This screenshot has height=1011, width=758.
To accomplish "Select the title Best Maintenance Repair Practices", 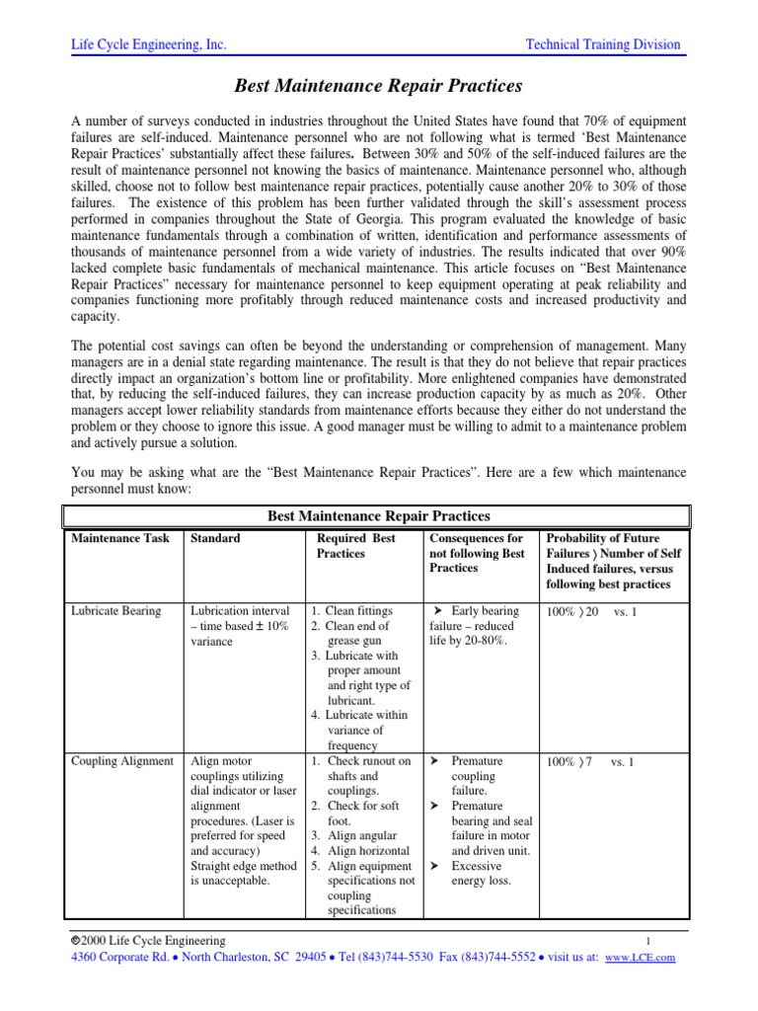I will coord(378,87).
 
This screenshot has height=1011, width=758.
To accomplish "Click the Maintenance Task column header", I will coord(120,539).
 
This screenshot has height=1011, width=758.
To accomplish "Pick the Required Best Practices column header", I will coord(356,546).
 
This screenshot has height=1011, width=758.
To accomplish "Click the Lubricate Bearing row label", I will coord(115,611).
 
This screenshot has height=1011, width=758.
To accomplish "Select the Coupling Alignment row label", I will coord(121,761).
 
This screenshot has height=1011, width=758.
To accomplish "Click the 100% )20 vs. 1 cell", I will coord(591,612).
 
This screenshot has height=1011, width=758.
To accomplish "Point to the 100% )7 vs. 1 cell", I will coord(589,762).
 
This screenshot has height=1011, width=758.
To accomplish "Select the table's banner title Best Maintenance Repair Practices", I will coord(379,515).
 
